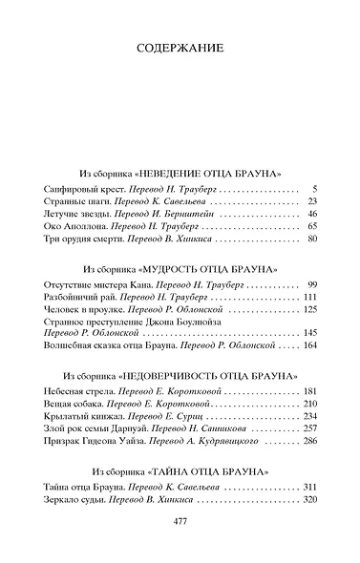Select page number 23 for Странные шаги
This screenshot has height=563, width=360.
(311, 202)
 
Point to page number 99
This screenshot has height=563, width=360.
(311, 285)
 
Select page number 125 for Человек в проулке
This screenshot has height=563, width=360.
(309, 310)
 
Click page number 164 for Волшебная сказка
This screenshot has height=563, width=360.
(309, 346)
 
